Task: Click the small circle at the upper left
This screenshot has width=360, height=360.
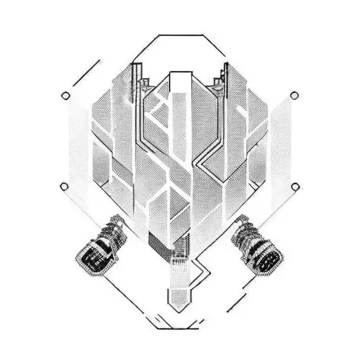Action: (x=66, y=96)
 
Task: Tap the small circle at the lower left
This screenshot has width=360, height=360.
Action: (x=64, y=186)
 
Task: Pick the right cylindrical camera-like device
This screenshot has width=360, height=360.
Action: (x=257, y=247)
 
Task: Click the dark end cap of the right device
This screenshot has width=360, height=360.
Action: (x=269, y=261)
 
